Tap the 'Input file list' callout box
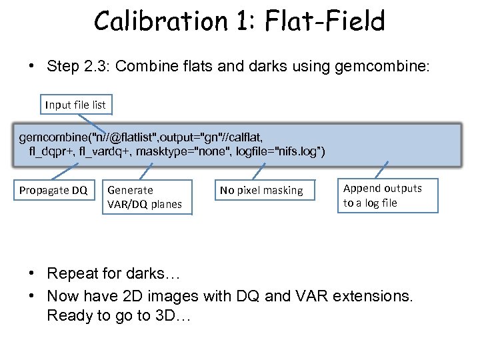75,105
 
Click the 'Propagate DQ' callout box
53,191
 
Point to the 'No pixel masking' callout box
261,191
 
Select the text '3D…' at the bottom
173,315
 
